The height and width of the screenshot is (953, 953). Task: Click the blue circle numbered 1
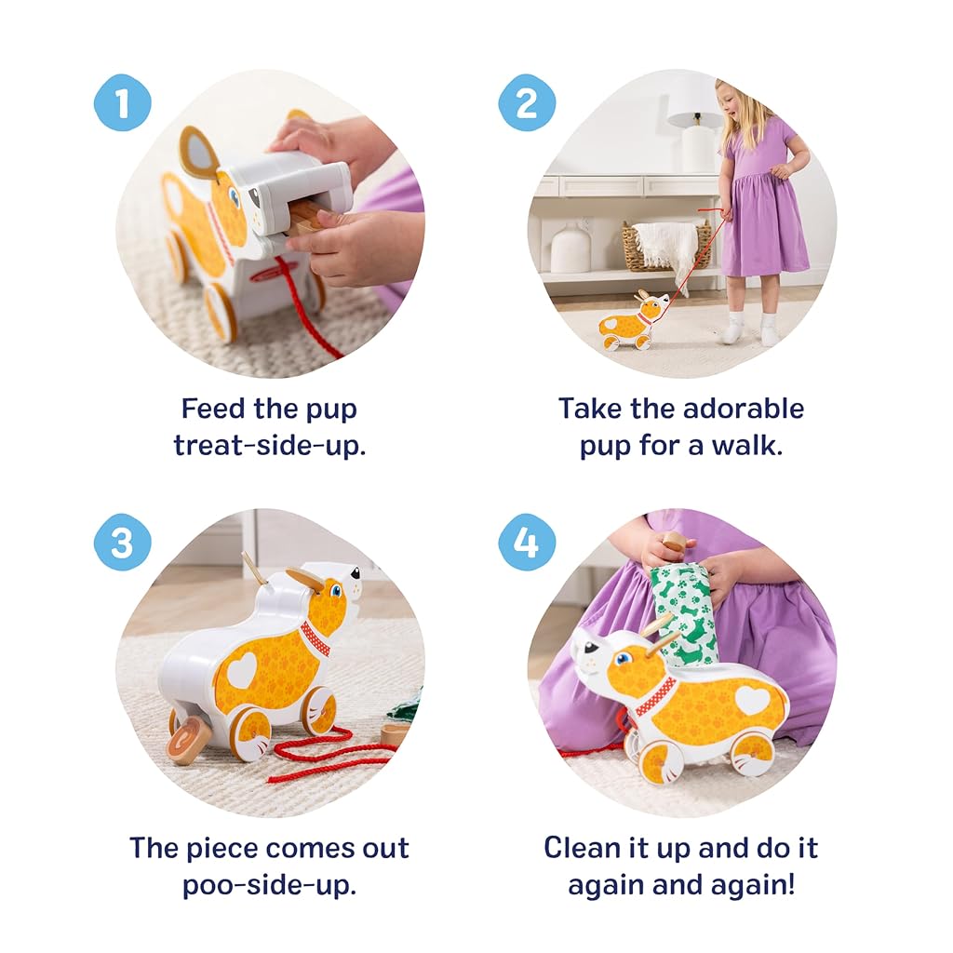click(x=122, y=102)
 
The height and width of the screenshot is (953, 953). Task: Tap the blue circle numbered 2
click(x=527, y=102)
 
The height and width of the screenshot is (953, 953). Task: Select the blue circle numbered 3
click(x=122, y=543)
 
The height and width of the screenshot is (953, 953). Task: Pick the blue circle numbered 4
click(x=527, y=543)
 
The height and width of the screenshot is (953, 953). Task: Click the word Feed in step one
click(x=213, y=409)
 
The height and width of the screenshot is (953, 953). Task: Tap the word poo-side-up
click(x=269, y=886)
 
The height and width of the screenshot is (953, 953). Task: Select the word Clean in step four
click(x=580, y=848)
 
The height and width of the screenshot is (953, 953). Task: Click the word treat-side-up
click(x=270, y=446)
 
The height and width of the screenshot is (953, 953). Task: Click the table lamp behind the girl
click(x=693, y=139)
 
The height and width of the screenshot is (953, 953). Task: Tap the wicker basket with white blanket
click(x=664, y=246)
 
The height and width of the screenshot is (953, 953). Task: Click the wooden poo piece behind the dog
click(x=187, y=736)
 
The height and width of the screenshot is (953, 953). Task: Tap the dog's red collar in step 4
click(x=655, y=697)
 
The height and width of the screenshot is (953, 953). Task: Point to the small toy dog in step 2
click(x=633, y=321)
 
